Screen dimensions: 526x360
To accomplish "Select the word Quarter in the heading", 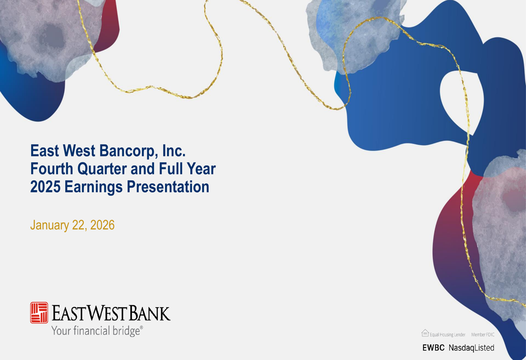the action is click(103, 169).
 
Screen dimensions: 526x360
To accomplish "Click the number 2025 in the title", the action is click(46, 187).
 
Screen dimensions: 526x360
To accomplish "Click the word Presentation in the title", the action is click(168, 187).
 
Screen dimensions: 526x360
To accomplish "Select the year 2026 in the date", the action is click(103, 225).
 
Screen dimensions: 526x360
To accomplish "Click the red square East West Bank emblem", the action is click(39, 313).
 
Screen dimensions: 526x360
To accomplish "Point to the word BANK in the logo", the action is click(149, 313).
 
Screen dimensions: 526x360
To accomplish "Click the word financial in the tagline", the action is click(92, 331).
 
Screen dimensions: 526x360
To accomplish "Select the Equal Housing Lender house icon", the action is click(425, 333).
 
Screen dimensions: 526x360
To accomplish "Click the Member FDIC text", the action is click(483, 335).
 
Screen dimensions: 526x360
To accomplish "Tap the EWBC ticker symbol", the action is click(433, 347).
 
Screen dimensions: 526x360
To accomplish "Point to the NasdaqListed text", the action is click(471, 348).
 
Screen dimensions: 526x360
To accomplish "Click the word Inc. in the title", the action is click(174, 151).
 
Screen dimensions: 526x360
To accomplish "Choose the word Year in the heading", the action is click(201, 169).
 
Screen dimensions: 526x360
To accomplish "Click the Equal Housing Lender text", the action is click(448, 335).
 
